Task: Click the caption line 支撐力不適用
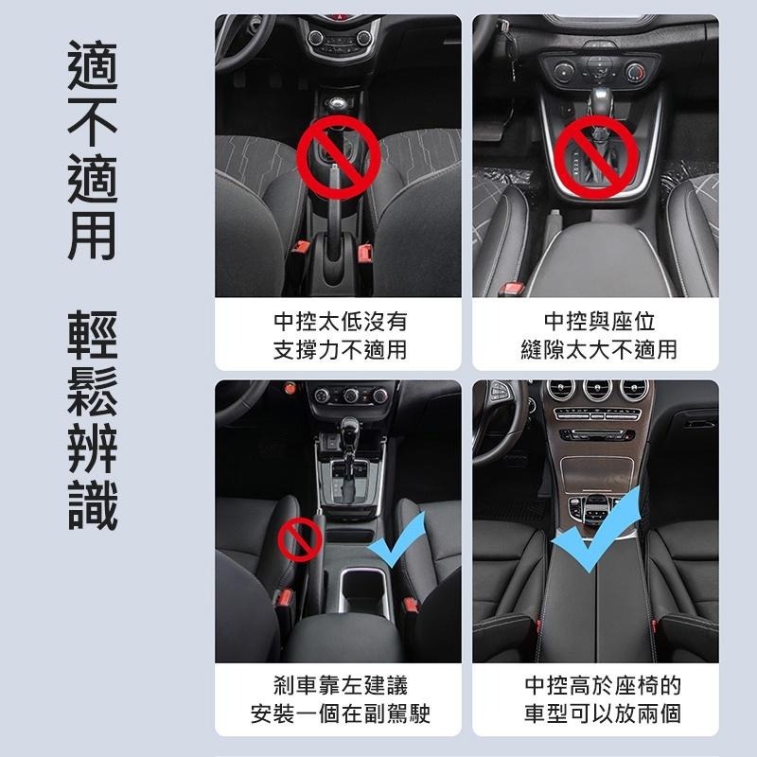339,350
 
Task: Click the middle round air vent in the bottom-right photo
597,390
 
